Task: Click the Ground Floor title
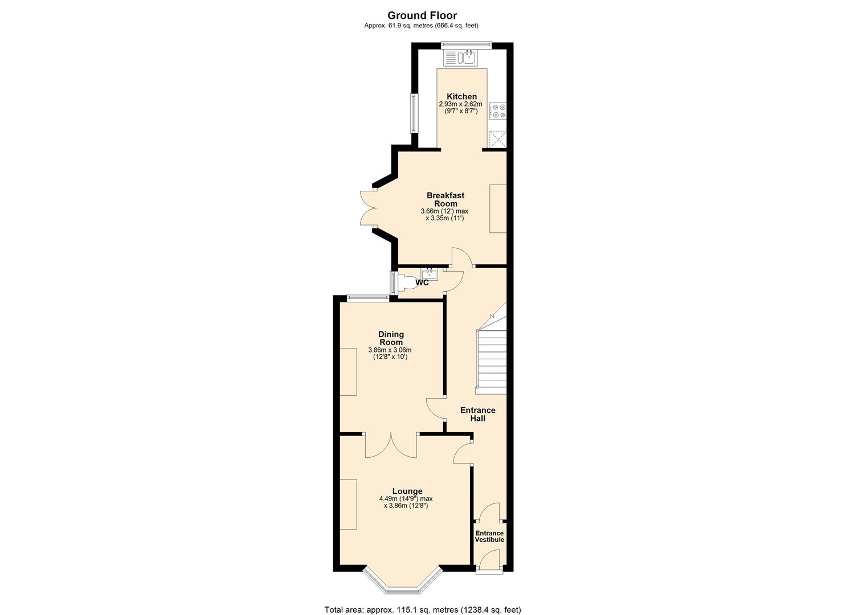coord(422,15)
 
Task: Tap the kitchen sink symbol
coord(462,58)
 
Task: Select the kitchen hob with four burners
coord(499,110)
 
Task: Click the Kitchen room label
coord(461,96)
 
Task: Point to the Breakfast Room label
coord(446,199)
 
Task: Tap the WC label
coord(422,282)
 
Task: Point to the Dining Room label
coord(391,338)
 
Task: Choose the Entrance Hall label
coord(477,414)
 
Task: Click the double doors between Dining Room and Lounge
coord(391,445)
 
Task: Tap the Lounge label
coord(407,491)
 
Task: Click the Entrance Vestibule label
coord(489,536)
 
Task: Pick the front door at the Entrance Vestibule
coord(489,561)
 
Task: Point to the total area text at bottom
coord(422,609)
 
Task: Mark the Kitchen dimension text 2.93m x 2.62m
coord(460,104)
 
